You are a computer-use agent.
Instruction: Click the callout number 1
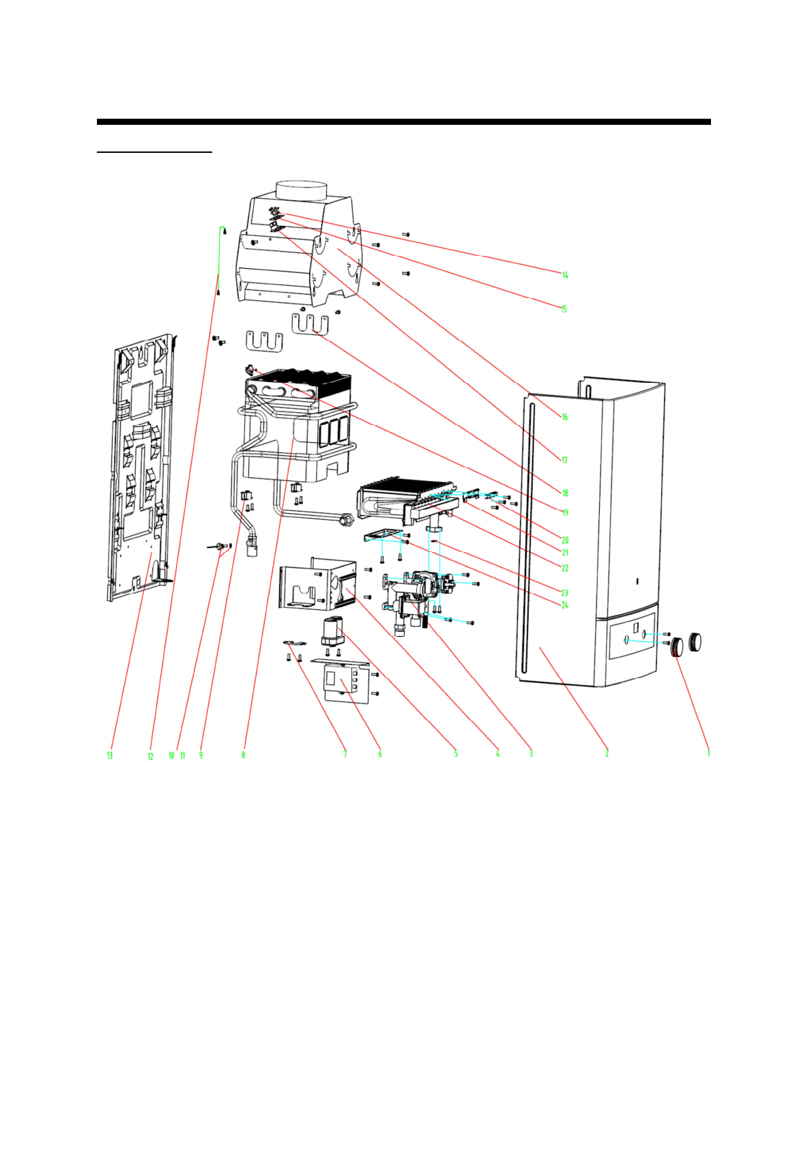pyautogui.click(x=708, y=753)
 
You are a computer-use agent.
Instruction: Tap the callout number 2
pyautogui.click(x=607, y=753)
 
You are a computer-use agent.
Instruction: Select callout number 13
pyautogui.click(x=109, y=755)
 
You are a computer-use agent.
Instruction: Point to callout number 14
pyautogui.click(x=565, y=275)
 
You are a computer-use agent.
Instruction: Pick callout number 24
pyautogui.click(x=564, y=605)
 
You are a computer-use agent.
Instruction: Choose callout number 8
pyautogui.click(x=243, y=755)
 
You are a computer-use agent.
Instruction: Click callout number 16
pyautogui.click(x=564, y=416)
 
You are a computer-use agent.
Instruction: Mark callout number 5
pyautogui.click(x=456, y=754)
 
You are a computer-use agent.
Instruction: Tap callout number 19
pyautogui.click(x=565, y=512)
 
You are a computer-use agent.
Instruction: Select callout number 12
pyautogui.click(x=150, y=756)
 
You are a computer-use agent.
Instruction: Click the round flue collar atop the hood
pyautogui.click(x=302, y=190)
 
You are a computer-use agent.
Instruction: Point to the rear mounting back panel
pyautogui.click(x=140, y=467)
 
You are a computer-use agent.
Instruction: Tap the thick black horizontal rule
pyautogui.click(x=403, y=122)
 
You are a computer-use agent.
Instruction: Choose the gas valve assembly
pyautogui.click(x=416, y=594)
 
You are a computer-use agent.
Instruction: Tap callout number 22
pyautogui.click(x=564, y=568)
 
